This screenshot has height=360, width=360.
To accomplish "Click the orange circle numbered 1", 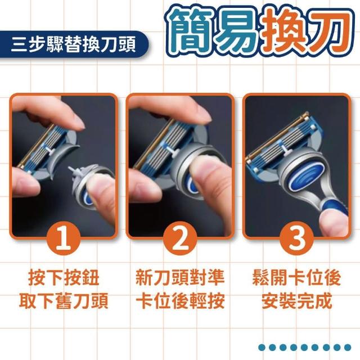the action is (64, 238).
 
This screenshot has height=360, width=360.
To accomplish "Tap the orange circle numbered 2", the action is (180, 238).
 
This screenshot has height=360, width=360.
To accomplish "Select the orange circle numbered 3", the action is (296, 238).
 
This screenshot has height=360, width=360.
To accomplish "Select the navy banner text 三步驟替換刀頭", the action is (74, 44).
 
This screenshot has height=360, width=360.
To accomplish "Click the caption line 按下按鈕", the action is (64, 278).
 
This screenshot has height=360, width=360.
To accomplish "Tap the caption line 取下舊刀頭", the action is (64, 301).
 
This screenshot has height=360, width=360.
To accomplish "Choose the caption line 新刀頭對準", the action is (180, 278).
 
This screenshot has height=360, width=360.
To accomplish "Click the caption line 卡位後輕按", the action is (180, 301).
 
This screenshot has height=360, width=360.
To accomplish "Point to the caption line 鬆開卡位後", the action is (296, 278).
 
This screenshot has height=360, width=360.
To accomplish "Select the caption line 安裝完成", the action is (296, 301).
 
